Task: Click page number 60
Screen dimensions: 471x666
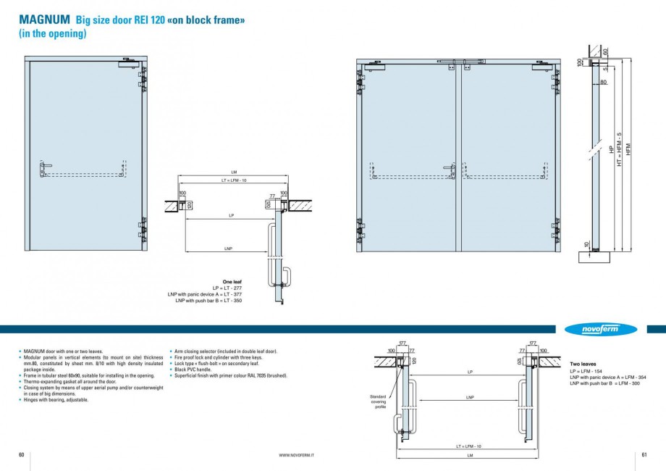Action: [22, 454]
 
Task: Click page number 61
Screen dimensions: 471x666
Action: [644, 454]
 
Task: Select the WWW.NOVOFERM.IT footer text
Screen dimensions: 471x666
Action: [301, 454]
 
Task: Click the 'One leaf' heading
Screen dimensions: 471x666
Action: [232, 283]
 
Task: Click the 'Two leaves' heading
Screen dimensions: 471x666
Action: [583, 364]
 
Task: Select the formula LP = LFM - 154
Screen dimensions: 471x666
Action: [587, 371]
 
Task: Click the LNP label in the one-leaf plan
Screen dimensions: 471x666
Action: [227, 248]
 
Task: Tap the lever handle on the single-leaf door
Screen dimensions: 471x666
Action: [45, 169]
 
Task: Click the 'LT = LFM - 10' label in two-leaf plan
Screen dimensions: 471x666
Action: [469, 446]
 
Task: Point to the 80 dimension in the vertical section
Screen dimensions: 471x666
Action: [603, 82]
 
